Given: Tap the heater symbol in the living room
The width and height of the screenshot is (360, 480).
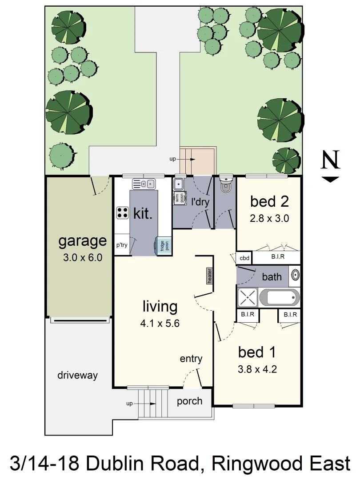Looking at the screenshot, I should pyautogui.click(x=209, y=276).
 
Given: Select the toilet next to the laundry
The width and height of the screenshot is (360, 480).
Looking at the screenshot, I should pyautogui.click(x=225, y=186).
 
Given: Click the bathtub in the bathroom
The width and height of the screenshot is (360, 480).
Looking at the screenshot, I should pyautogui.click(x=279, y=297).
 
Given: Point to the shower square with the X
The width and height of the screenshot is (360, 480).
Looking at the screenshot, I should pyautogui.click(x=248, y=297).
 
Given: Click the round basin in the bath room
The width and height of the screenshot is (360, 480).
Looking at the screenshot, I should pyautogui.click(x=295, y=276).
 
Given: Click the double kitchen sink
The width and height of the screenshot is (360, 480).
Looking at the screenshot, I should pyautogui.click(x=143, y=183).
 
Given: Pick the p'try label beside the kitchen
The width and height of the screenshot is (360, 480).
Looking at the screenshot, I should pyautogui.click(x=122, y=245).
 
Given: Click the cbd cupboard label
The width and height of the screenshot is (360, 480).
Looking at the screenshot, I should pyautogui.click(x=244, y=258).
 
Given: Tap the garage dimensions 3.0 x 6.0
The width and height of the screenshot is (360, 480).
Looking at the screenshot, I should pyautogui.click(x=83, y=257).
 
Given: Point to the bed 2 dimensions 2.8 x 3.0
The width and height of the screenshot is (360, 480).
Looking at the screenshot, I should pyautogui.click(x=269, y=218).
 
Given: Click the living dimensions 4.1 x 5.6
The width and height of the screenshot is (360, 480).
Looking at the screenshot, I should pyautogui.click(x=160, y=324).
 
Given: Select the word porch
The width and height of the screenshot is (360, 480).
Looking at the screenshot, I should pyautogui.click(x=189, y=401).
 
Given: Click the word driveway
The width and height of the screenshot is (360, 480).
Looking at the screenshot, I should pyautogui.click(x=77, y=375).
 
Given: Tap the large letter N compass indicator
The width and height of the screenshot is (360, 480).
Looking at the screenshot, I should pyautogui.click(x=330, y=161).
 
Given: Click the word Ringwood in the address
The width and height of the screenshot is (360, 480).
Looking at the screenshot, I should pyautogui.click(x=256, y=464).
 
